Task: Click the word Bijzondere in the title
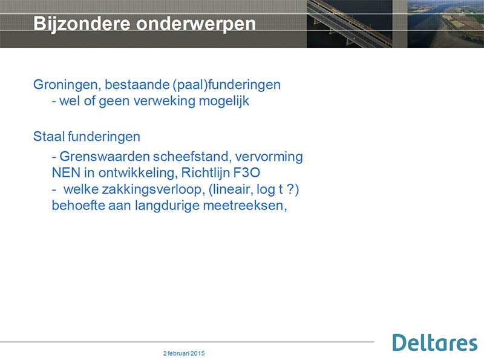[x=82, y=24]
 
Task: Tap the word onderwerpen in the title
[x=196, y=24]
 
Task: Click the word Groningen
[x=67, y=85]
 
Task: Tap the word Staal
[x=49, y=137]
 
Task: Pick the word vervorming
[x=269, y=157]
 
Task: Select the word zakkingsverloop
[x=134, y=189]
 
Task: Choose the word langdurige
[x=167, y=206]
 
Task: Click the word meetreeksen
[x=245, y=206]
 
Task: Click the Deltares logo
[x=435, y=342]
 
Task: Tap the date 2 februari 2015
[x=184, y=353]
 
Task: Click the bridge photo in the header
[x=350, y=24]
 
